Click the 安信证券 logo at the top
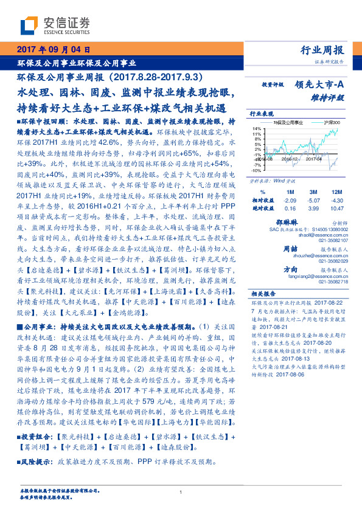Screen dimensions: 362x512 [55, 25]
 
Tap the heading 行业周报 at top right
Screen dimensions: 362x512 [322, 50]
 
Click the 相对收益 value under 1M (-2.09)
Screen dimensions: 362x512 [290, 199]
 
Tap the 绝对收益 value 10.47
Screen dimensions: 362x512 [336, 207]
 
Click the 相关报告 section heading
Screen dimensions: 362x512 [265, 292]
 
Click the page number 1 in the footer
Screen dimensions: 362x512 [181, 493]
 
